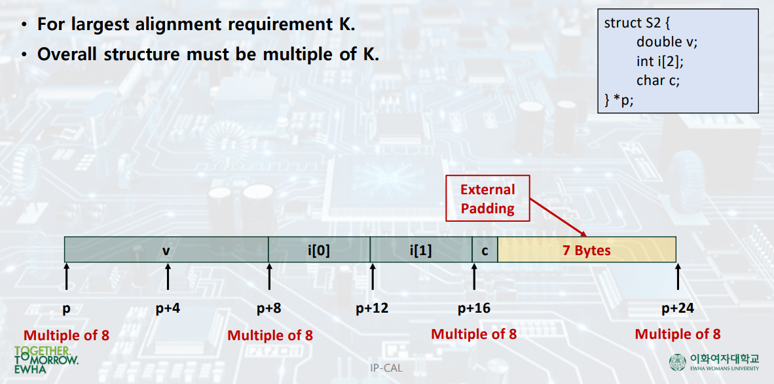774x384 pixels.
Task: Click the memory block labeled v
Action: pos(166,250)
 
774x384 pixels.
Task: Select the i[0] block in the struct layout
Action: pos(319,250)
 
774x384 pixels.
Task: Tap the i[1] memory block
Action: pos(420,250)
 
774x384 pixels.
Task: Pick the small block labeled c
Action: pos(485,250)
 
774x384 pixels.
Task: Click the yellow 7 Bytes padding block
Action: pos(586,250)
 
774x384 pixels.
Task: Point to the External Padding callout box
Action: pos(487,200)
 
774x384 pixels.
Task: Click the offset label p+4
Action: pos(168,308)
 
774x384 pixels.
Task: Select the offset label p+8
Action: pos(268,308)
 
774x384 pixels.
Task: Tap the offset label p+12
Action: pos(372,308)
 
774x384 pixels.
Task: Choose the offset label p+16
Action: pos(473,308)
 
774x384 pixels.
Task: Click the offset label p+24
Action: pos(677,308)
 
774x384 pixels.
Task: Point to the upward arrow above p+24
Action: pos(677,278)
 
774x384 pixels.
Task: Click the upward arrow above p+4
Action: pos(168,278)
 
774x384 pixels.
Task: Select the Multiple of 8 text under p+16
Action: pos(473,334)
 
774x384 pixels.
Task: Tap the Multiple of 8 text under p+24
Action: pos(677,334)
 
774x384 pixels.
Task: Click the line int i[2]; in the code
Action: pos(655,61)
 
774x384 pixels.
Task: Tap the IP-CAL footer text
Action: pos(386,368)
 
